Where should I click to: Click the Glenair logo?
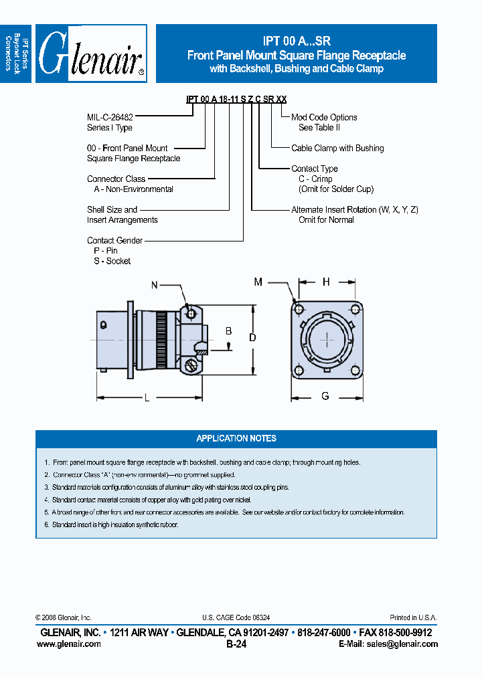[x=92, y=54]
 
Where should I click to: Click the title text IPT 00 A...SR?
[x=297, y=41]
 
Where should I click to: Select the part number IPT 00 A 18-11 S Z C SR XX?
[x=236, y=99]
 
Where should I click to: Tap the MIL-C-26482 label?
[x=111, y=117]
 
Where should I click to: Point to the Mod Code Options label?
[x=324, y=117]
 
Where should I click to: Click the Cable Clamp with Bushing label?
[x=337, y=148]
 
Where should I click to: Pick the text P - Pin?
[x=106, y=250]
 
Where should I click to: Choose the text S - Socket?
[x=112, y=261]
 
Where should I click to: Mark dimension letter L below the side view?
[x=147, y=398]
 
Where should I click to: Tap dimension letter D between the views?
[x=252, y=338]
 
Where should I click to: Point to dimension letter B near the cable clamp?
[x=228, y=331]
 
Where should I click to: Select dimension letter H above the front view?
[x=326, y=282]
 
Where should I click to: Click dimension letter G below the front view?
[x=325, y=396]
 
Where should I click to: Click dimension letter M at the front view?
[x=258, y=282]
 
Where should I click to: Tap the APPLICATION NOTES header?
[x=236, y=438]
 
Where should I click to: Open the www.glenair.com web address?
[x=69, y=644]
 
